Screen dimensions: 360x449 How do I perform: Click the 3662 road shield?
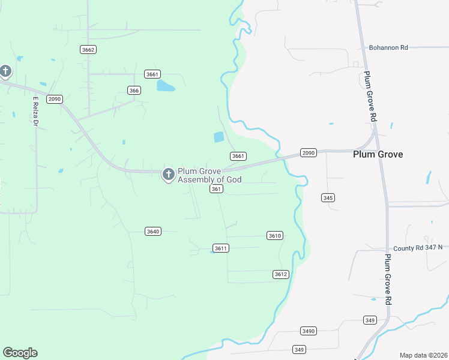(88, 50)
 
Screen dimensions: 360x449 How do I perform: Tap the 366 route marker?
(134, 90)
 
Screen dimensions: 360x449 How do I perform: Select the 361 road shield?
(217, 189)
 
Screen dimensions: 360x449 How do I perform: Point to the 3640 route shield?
(153, 231)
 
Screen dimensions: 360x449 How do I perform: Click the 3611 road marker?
(221, 248)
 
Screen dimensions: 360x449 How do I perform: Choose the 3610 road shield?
(274, 236)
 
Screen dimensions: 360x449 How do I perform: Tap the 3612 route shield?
(281, 274)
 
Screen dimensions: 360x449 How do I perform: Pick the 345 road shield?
(328, 197)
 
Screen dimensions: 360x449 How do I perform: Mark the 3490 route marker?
(308, 331)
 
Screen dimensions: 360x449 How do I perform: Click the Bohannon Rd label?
(388, 47)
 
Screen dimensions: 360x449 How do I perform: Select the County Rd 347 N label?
(418, 247)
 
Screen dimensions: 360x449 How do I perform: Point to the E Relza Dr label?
(35, 111)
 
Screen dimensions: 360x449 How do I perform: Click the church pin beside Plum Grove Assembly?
(169, 174)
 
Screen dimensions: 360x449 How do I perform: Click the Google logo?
(20, 353)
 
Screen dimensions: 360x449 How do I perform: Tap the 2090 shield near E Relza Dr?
(55, 99)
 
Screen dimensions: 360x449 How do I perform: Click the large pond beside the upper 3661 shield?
(165, 85)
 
